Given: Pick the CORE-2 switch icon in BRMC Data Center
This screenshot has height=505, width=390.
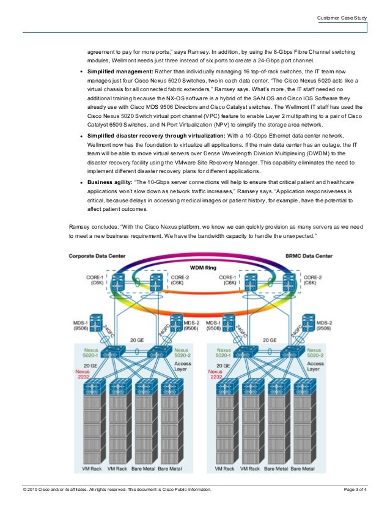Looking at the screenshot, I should point(289,282).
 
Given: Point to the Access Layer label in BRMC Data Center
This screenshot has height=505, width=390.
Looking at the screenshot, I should point(315,366).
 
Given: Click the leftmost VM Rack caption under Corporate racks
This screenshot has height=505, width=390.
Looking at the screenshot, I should point(93,470).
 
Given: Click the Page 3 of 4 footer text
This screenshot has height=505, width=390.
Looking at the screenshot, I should point(356,490).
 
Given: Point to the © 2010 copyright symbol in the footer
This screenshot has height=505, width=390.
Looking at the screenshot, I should point(25,490).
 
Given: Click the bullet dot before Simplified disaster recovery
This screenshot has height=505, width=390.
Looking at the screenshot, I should point(82,135).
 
